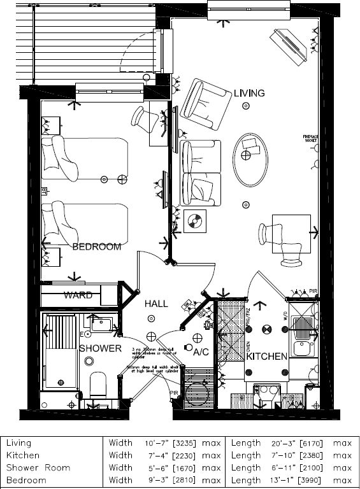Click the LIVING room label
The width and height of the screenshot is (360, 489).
point(248,93)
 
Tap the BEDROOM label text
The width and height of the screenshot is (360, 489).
point(96,247)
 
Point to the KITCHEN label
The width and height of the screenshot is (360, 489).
point(267,357)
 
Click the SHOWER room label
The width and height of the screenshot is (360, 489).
point(100,348)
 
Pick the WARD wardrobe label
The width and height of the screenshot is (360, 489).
point(78,295)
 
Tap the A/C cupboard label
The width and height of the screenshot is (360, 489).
point(201,351)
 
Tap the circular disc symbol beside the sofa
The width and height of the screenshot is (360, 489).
point(194,223)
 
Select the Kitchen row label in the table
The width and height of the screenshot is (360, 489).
point(24,455)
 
